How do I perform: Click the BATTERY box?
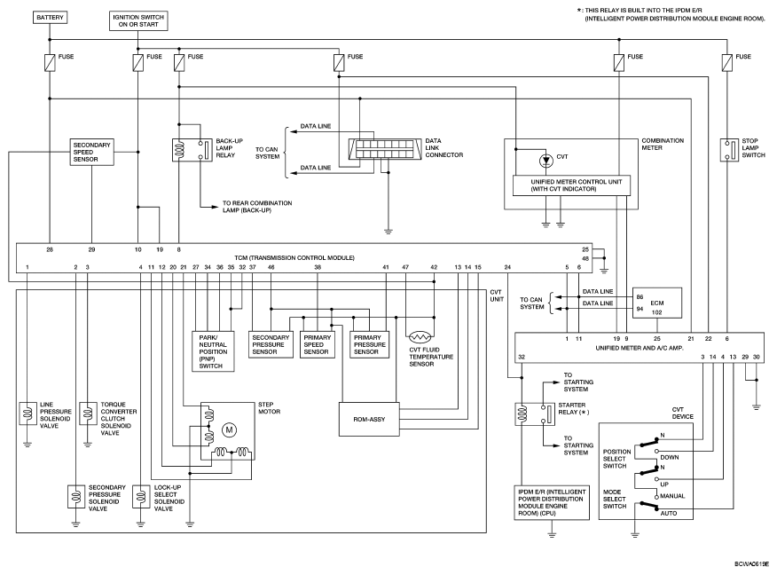(x=50, y=18)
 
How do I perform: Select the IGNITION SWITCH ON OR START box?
(x=138, y=20)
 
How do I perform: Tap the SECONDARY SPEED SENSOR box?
(x=91, y=152)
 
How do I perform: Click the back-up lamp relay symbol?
(x=192, y=150)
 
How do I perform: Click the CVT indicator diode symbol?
(x=546, y=161)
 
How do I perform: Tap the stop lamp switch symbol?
(x=729, y=150)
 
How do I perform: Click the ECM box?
(x=657, y=303)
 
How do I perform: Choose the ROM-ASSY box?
(x=369, y=420)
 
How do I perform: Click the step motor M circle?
(x=229, y=429)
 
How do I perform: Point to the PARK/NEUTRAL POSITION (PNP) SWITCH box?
(x=213, y=351)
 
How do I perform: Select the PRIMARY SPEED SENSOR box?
(x=318, y=344)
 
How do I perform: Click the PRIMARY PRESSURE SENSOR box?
(x=370, y=344)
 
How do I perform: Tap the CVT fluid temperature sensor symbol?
(x=420, y=337)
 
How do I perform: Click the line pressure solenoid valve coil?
(x=27, y=414)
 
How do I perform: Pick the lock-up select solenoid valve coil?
(x=141, y=497)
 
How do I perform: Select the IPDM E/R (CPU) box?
(x=552, y=502)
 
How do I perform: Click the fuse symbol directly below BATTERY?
(x=50, y=63)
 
